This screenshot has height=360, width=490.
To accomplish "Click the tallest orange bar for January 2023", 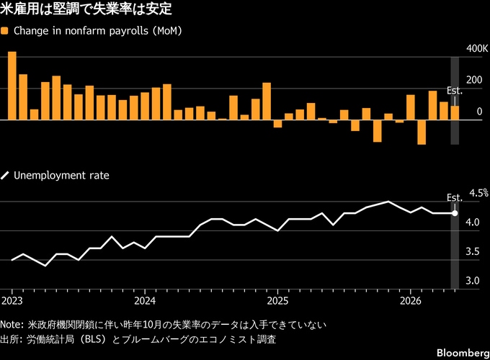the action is (12, 86).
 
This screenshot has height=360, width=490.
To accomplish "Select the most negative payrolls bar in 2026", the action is (422, 132).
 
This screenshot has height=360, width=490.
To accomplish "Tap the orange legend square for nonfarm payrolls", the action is (5, 31).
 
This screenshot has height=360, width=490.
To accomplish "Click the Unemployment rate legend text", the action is (61, 176).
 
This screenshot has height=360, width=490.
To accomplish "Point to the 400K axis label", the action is (477, 49).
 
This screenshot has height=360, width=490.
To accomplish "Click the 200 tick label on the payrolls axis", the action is (474, 80).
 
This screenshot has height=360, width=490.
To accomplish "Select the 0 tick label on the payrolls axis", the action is (479, 112).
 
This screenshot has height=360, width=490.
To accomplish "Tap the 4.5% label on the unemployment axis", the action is (478, 193).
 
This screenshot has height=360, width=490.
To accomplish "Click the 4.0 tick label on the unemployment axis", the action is (473, 222).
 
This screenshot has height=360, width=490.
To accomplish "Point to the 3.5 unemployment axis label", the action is (473, 252).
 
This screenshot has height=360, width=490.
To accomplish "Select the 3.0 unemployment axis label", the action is (473, 281).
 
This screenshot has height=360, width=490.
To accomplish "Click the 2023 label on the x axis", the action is (12, 301).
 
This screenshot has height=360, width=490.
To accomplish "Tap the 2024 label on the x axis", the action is (145, 301).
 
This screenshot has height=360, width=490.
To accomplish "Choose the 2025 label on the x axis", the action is (277, 301).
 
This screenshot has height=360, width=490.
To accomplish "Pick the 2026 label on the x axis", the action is (410, 301).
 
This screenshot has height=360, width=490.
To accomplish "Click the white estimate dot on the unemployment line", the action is (455, 213).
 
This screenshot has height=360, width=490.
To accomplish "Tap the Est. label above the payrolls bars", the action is (455, 91).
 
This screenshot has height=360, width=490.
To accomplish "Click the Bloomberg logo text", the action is (463, 353).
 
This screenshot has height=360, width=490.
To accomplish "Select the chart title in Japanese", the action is (86, 9).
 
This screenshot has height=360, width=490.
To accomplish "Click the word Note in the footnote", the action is (10, 325).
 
